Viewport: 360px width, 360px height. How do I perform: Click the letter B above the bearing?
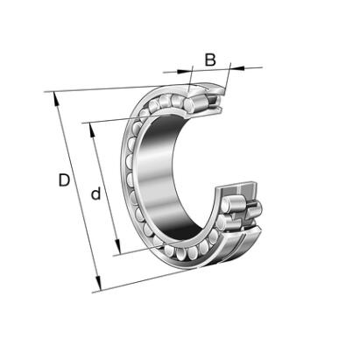click(x=210, y=60)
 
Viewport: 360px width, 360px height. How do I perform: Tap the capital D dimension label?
click(x=64, y=180)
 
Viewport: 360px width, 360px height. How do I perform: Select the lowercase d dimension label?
click(x=95, y=194)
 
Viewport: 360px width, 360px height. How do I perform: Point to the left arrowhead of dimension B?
click(x=184, y=71)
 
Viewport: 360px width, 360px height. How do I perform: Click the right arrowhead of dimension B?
click(x=237, y=68)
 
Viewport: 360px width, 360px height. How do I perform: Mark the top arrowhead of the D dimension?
click(x=56, y=99)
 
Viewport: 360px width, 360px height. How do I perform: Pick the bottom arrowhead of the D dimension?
click(x=98, y=284)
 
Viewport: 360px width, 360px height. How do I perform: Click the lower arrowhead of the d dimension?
click(x=117, y=247)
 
